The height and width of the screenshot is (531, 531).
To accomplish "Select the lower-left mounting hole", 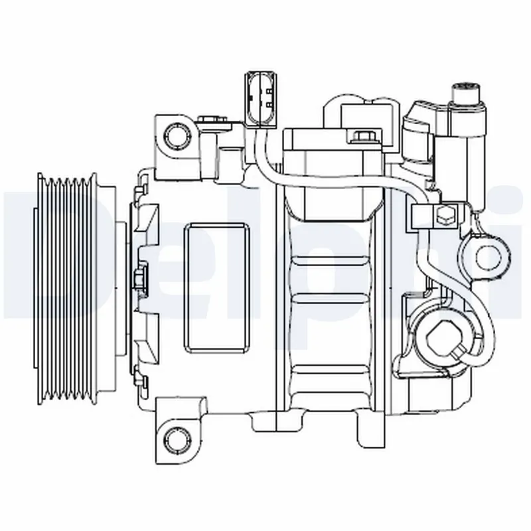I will pos(176,437).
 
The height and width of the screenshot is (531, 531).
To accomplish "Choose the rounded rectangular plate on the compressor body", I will pos(215,287).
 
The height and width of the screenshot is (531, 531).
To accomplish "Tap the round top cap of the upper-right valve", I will pos(466,89).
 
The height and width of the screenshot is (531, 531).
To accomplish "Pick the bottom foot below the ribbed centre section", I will pos(372,429).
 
